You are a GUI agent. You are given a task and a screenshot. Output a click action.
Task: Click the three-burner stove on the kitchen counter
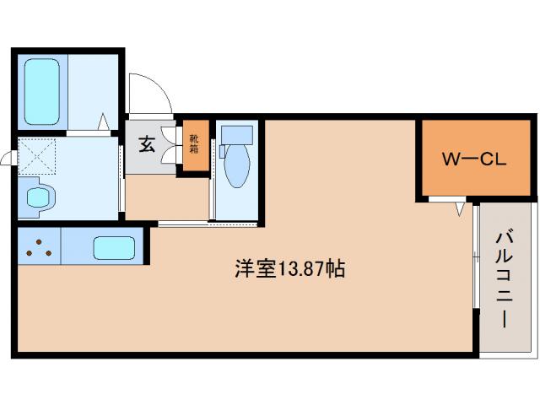coord(39,248)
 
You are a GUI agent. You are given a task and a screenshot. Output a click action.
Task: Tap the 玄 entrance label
coord(147,144)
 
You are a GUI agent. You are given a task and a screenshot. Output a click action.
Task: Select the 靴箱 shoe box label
coord(194,144)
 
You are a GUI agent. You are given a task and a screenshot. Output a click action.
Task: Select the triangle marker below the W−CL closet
coord(461,208)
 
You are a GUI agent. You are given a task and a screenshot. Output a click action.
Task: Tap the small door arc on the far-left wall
coord(7,158)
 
